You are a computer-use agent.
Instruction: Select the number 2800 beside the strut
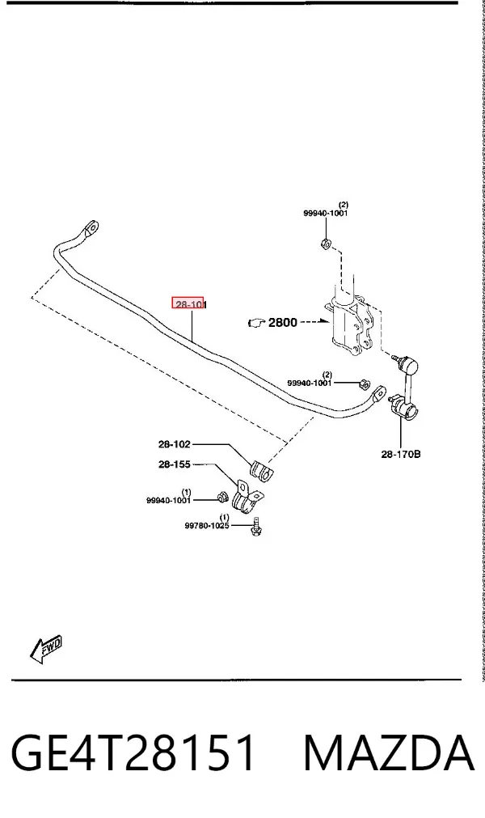(x=282, y=322)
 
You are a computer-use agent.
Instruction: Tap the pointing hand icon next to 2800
(x=257, y=324)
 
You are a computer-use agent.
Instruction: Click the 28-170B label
(x=401, y=455)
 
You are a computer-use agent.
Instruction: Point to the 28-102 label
(x=175, y=444)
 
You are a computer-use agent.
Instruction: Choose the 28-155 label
(x=175, y=464)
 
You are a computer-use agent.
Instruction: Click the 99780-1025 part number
(x=207, y=526)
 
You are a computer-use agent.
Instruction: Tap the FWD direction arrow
(x=46, y=649)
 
